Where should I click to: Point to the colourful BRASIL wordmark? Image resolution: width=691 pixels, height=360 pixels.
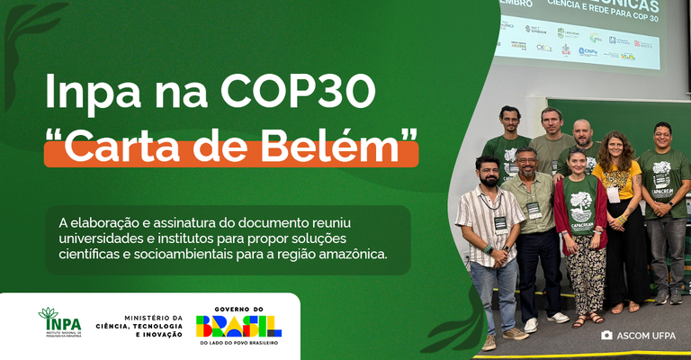pos(238,326)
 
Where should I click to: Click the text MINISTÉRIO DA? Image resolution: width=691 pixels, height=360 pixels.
pos(153,317)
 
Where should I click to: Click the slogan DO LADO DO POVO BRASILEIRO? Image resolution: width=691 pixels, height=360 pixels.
pos(238,343)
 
